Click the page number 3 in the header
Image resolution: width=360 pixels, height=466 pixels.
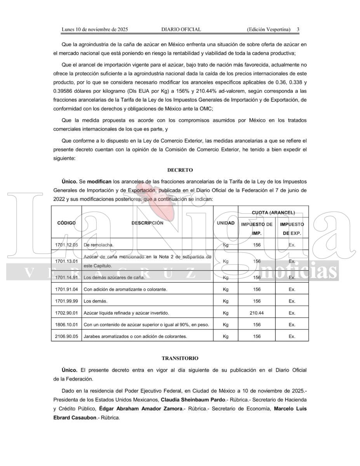tap(298, 30)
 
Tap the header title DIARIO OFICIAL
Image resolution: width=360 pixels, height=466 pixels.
tap(181, 30)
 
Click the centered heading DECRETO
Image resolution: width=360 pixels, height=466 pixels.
tap(180, 170)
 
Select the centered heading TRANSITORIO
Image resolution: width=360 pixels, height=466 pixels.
tap(180, 358)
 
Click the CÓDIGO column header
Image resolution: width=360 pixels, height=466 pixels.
tap(66, 223)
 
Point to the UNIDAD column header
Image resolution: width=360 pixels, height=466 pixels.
tap(225, 223)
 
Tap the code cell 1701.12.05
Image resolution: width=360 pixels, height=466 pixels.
tap(67, 245)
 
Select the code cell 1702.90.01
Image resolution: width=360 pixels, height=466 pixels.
tap(67, 313)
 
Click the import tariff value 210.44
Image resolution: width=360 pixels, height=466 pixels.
tap(257, 313)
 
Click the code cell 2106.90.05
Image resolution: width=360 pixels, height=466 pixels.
tap(67, 336)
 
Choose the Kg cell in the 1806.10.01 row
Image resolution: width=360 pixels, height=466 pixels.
tap(226, 325)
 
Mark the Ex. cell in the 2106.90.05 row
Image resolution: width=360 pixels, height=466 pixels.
tap(292, 336)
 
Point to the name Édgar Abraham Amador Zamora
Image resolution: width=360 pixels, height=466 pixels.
tap(141, 409)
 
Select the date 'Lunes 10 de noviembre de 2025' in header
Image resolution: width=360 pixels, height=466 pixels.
tap(95, 30)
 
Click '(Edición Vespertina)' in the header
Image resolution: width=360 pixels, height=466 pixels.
tap(268, 30)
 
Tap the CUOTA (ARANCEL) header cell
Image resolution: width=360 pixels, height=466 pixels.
tap(273, 212)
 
